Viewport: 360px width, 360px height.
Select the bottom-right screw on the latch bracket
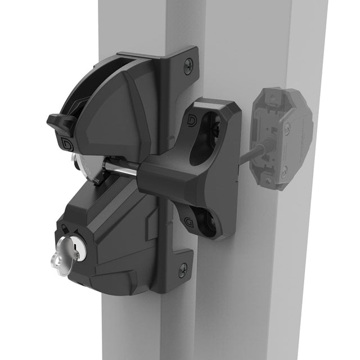point(183,269)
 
